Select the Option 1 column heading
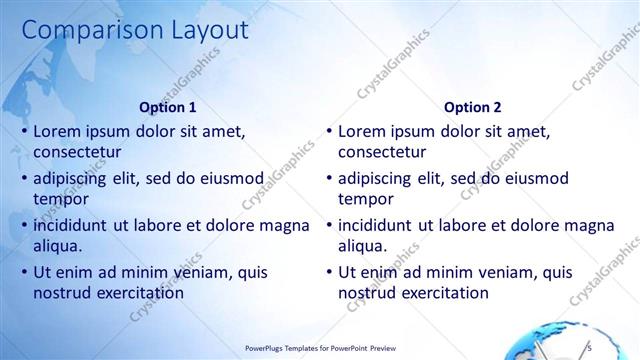coord(168,107)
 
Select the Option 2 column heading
coord(473,107)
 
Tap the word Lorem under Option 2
coord(362,131)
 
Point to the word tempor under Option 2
coord(365,198)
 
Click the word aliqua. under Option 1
coord(57,245)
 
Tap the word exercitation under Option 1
coord(138,293)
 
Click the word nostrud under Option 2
coord(367,293)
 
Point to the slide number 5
coord(590,346)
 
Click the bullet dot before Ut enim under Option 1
coord(23,272)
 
